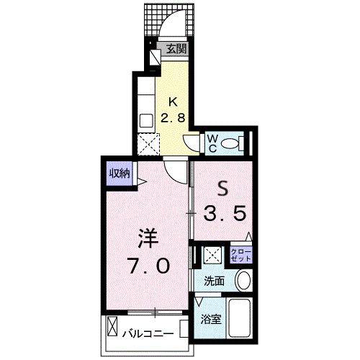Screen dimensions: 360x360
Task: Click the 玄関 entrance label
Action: click(177, 50)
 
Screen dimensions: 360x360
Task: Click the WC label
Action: click(212, 141)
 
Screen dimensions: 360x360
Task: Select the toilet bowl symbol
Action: click(233, 144)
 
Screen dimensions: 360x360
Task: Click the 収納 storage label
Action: click(120, 173)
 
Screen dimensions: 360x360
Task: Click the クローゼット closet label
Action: click(240, 254)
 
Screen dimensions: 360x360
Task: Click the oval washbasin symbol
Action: click(243, 281)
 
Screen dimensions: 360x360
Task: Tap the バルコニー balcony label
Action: click(145, 333)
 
